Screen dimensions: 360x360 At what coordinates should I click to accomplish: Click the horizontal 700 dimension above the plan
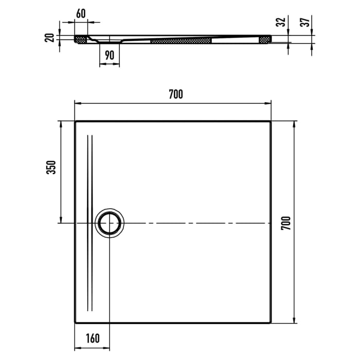(x=175, y=94)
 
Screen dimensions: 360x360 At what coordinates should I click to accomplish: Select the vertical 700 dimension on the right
(x=286, y=223)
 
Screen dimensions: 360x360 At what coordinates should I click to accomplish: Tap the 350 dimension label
(x=50, y=168)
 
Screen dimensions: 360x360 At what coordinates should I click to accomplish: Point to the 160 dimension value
(x=93, y=338)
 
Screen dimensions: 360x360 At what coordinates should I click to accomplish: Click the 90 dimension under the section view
(x=109, y=56)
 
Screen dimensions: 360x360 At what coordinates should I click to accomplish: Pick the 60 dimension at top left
(x=81, y=14)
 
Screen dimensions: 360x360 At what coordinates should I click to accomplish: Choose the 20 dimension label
(x=49, y=38)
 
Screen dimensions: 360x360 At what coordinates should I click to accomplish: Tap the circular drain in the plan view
(x=109, y=223)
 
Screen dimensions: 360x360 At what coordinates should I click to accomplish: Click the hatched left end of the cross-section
(x=81, y=39)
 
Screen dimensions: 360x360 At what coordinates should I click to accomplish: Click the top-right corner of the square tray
(x=271, y=121)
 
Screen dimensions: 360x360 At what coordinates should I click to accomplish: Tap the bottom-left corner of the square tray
(x=75, y=323)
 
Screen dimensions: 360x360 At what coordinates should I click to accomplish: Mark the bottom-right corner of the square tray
(x=271, y=323)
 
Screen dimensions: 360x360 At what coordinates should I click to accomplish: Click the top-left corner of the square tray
(x=75, y=121)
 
